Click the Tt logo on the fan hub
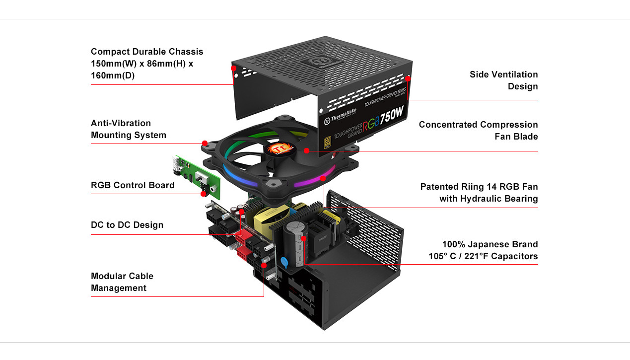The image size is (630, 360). (280, 149)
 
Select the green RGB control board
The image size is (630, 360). (196, 177)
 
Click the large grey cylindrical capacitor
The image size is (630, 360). (295, 243)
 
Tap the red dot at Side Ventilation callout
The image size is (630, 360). (408, 79)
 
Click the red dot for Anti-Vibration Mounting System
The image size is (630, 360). (205, 144)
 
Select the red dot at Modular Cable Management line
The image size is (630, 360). (264, 265)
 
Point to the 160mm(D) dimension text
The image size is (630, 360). (113, 75)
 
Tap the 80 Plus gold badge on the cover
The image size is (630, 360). (327, 142)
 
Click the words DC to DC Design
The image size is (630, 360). (127, 225)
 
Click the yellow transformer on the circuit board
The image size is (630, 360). (271, 220)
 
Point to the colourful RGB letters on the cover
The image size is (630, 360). (371, 123)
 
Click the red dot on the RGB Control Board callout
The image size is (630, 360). (204, 194)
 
